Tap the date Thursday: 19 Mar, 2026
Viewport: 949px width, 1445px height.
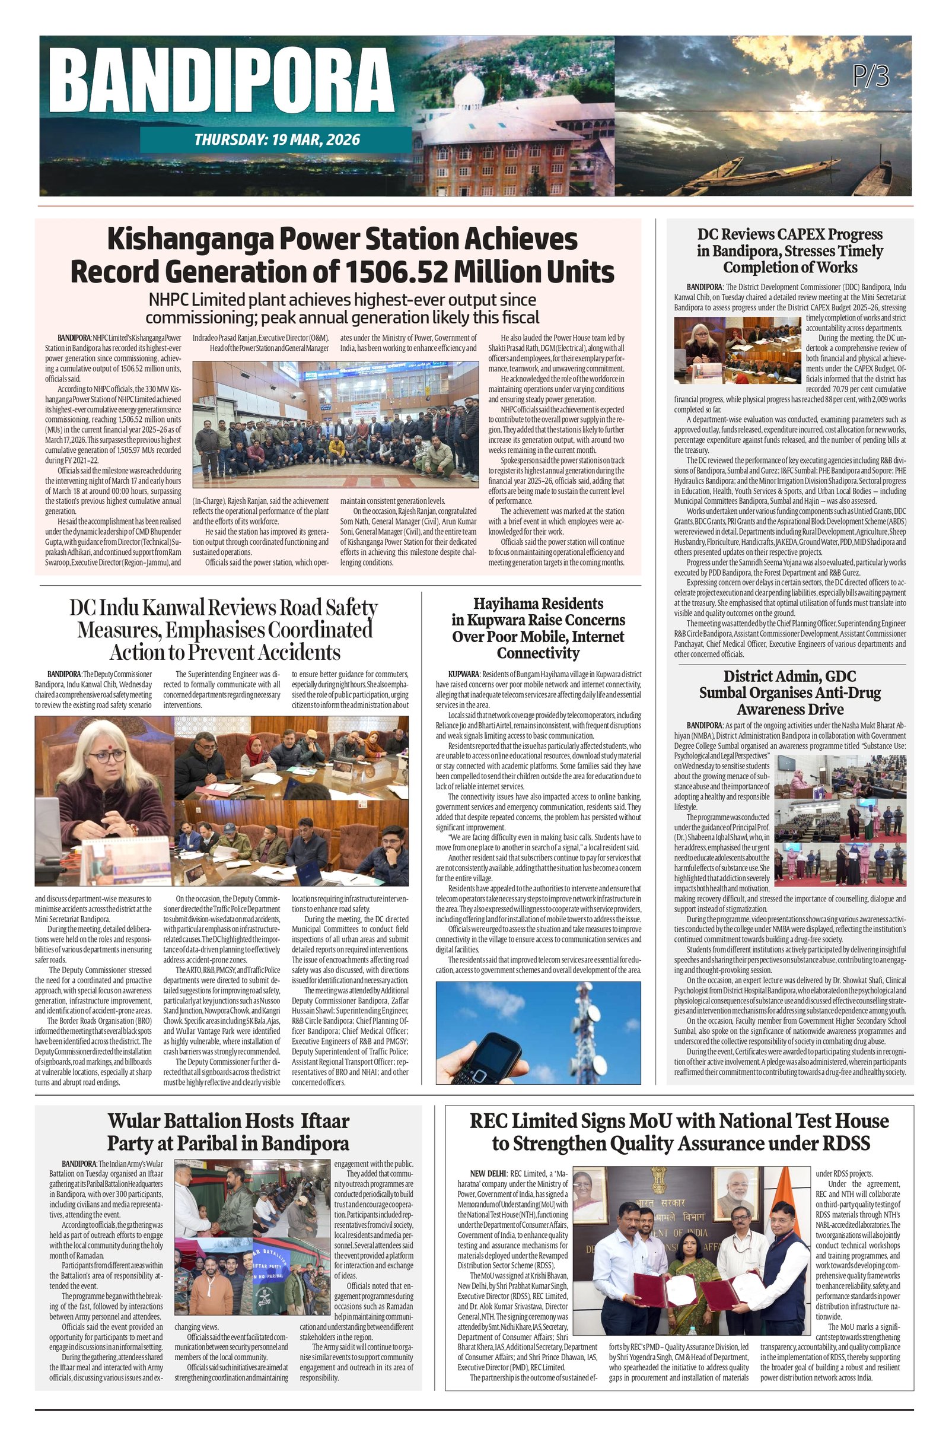(276, 139)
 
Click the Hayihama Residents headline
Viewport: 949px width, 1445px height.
(538, 628)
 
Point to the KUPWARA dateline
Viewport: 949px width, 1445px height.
(464, 674)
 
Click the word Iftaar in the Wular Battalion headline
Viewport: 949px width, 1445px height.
(321, 1121)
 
